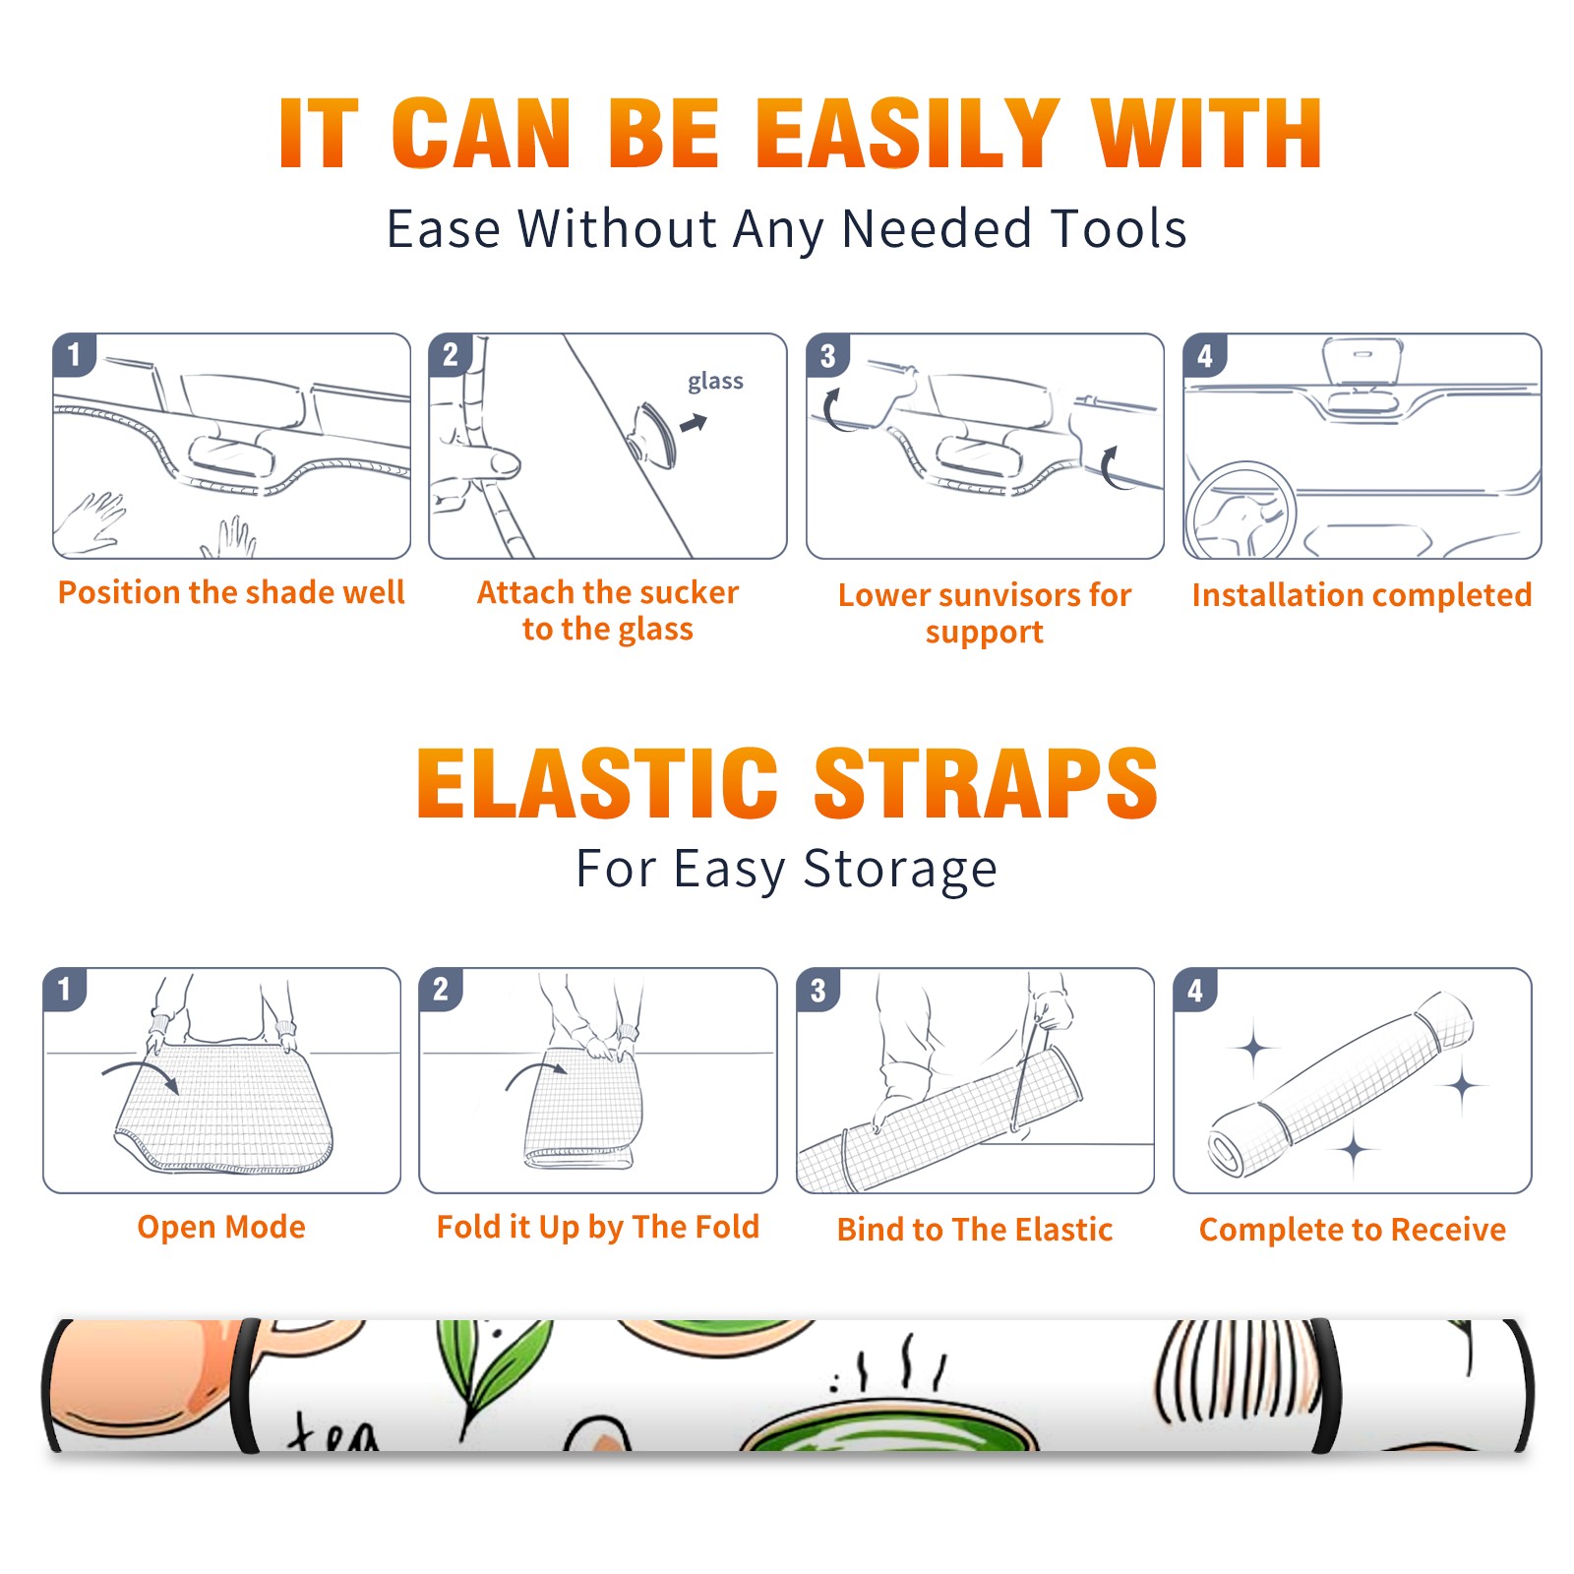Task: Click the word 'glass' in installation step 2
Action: [x=715, y=382]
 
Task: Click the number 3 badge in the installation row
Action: [x=828, y=355]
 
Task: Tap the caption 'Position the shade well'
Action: [x=231, y=592]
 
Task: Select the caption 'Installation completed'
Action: [x=1362, y=595]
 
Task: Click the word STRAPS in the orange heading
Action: [x=986, y=783]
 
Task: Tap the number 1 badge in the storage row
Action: [x=65, y=990]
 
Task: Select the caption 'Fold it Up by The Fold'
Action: [x=598, y=1228]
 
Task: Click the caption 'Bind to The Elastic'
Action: [x=975, y=1230]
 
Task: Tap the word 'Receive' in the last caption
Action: [x=1448, y=1230]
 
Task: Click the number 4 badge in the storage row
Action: [x=1195, y=990]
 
